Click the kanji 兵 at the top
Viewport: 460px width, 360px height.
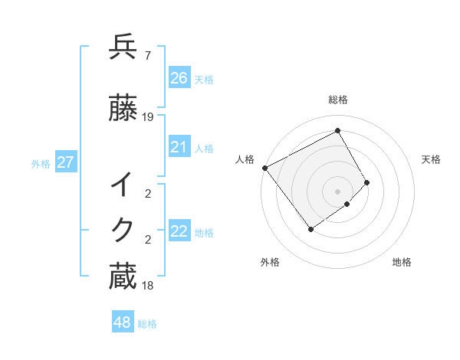click(123, 47)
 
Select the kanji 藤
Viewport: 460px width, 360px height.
click(123, 109)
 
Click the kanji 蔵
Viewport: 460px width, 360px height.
click(123, 277)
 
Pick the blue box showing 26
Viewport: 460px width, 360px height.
click(179, 77)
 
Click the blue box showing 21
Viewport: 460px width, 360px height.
click(179, 147)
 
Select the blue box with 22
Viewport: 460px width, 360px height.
click(179, 231)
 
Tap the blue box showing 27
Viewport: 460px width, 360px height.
click(65, 162)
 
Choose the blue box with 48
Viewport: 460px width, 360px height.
click(123, 322)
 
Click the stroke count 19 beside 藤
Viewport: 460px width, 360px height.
click(148, 117)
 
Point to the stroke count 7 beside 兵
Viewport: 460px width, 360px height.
click(147, 55)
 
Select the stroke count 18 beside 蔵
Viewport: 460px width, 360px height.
click(148, 286)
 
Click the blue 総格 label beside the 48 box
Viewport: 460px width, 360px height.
click(147, 324)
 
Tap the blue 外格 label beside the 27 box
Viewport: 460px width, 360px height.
click(41, 163)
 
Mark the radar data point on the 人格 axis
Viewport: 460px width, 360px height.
click(264, 168)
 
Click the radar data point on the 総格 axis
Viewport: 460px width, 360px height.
click(337, 131)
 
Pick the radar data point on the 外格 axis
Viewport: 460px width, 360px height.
click(310, 229)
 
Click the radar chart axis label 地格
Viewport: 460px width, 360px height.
click(402, 262)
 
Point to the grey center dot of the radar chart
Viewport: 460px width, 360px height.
click(337, 191)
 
